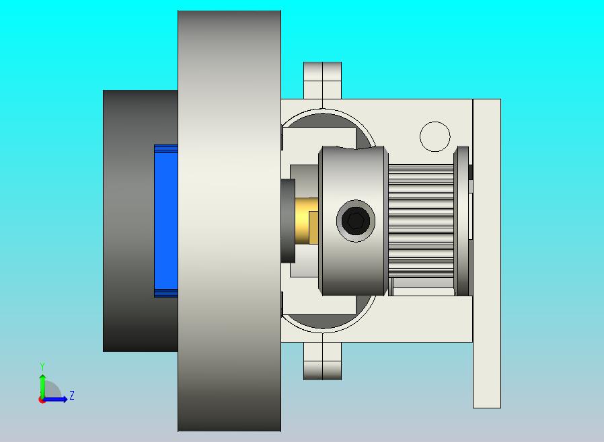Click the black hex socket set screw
click(355, 221)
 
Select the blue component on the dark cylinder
click(166, 221)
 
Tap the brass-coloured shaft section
click(307, 221)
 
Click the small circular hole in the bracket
click(435, 136)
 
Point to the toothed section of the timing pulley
click(421, 221)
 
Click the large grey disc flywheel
click(229, 221)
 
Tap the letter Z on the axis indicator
click(72, 395)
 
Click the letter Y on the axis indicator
click(42, 366)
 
